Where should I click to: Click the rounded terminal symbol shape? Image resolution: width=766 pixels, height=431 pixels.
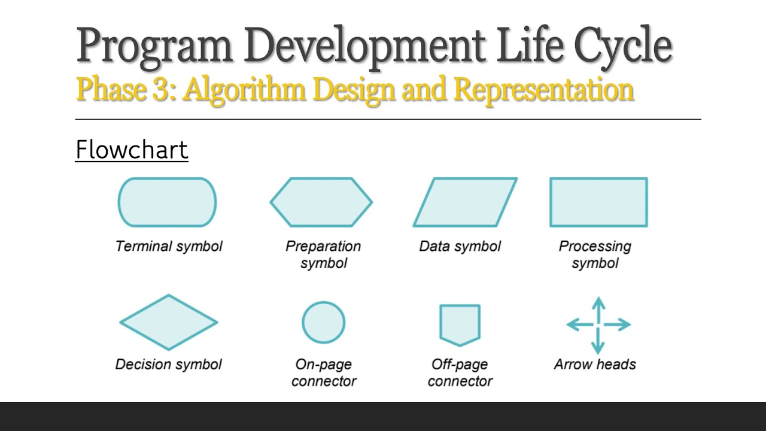click(167, 202)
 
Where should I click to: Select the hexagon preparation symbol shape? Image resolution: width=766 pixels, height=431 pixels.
click(321, 202)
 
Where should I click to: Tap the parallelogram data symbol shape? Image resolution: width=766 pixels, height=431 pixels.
click(465, 202)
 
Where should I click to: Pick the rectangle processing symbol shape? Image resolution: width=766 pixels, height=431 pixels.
click(598, 202)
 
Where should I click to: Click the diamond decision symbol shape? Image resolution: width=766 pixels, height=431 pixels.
click(169, 322)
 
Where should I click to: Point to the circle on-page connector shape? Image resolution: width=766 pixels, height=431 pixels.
click(323, 322)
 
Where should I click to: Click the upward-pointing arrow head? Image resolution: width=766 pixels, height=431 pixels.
click(598, 302)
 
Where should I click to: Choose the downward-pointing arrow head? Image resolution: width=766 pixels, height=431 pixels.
click(598, 347)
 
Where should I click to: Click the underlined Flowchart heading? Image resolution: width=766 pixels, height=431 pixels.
click(132, 150)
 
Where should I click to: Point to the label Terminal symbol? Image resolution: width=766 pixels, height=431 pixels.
click(169, 246)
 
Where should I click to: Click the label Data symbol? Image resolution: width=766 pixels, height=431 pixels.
click(460, 246)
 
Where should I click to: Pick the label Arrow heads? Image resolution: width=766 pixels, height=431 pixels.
click(595, 364)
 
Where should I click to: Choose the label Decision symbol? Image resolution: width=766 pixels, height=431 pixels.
click(169, 364)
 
